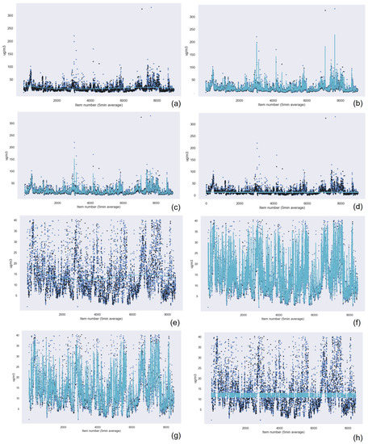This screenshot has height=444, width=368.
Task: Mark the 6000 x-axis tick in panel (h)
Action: pos(314,427)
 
